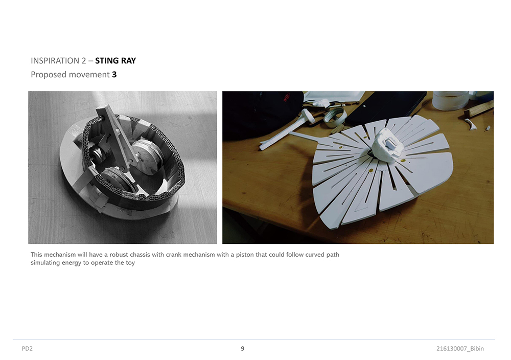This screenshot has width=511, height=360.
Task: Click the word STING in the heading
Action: coord(107,61)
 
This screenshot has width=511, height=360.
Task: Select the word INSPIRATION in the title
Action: coord(55,61)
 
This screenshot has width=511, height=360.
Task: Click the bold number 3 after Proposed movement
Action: coord(114,74)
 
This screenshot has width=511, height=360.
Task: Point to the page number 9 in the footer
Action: coord(242,349)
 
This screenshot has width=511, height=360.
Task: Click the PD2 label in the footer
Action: coord(27,349)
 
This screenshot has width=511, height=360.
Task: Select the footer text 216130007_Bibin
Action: coord(460,349)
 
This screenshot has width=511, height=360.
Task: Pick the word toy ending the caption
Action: coord(130,263)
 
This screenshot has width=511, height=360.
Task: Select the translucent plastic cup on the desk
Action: coord(450,100)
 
